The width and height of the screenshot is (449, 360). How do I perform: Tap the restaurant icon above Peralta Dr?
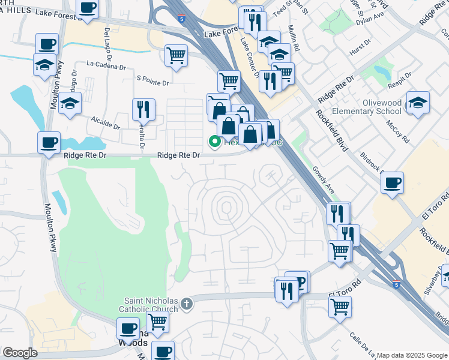coord(143,109)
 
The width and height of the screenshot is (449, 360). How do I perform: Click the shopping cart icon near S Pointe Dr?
coord(176,56)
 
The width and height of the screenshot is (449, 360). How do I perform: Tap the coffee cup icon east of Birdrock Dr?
coord(392,183)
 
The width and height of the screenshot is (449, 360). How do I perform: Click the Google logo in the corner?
coord(20,353)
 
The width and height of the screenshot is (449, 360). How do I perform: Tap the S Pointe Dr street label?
coord(154,79)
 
